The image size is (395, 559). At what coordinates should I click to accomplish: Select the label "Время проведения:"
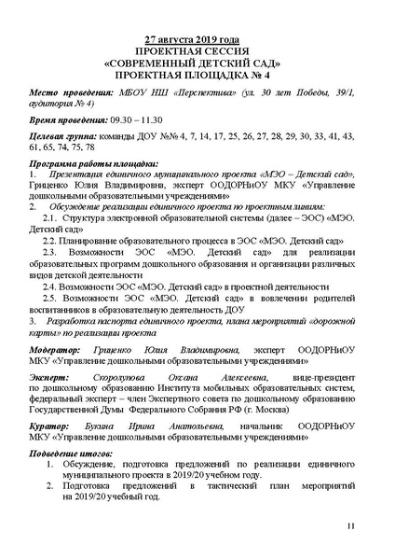(x=67, y=120)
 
